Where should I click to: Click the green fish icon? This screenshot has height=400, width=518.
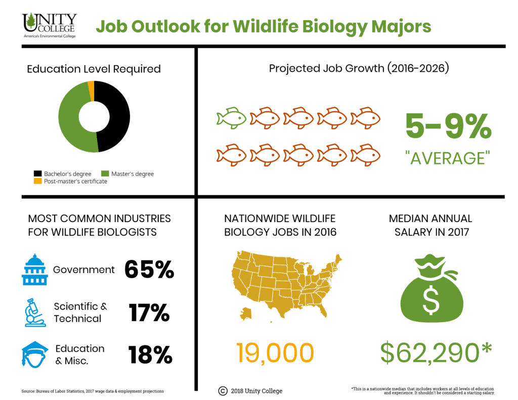(231, 118)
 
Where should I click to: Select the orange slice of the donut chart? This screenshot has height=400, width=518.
(91, 85)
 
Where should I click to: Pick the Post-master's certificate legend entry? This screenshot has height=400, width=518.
(70, 181)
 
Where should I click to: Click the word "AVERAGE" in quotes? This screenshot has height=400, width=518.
(448, 158)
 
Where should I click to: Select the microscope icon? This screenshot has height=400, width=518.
(34, 312)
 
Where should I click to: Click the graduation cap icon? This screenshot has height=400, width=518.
(34, 354)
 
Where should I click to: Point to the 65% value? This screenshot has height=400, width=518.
(149, 270)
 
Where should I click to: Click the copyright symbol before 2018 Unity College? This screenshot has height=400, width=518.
(223, 390)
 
